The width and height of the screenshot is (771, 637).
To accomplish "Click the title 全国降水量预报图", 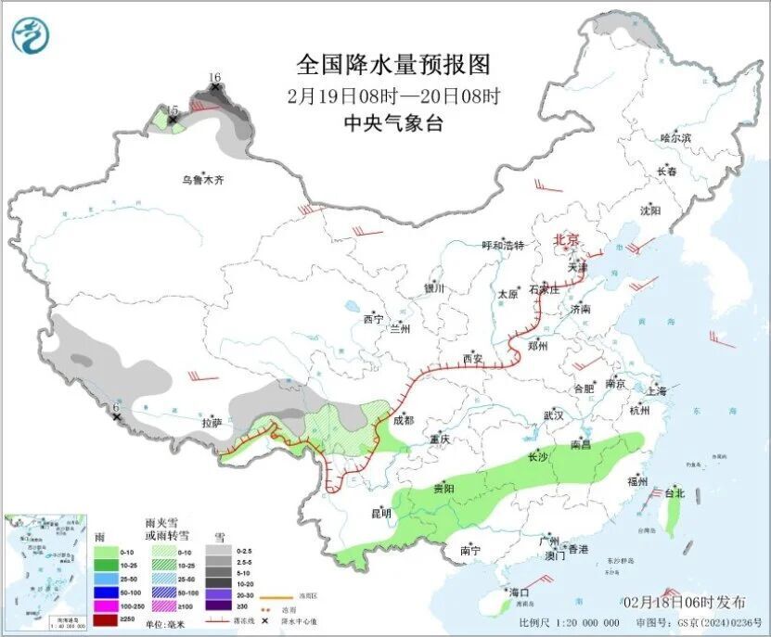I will [x=392, y=65].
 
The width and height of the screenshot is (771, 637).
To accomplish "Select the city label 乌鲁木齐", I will [x=202, y=180].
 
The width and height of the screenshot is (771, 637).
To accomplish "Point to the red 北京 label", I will [x=567, y=240].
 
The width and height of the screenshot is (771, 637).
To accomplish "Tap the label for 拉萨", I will [x=212, y=423].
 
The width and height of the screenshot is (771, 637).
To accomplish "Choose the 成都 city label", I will [x=404, y=419].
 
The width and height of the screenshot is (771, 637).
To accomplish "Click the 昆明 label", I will [x=380, y=513].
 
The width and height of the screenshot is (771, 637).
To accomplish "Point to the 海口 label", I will [x=518, y=592].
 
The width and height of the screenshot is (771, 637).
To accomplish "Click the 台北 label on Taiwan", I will [x=675, y=493].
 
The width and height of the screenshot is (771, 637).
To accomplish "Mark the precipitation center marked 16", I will [x=215, y=87].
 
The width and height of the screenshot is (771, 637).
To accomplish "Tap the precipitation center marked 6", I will [x=116, y=416].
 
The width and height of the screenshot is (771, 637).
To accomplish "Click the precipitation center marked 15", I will [x=172, y=119].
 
